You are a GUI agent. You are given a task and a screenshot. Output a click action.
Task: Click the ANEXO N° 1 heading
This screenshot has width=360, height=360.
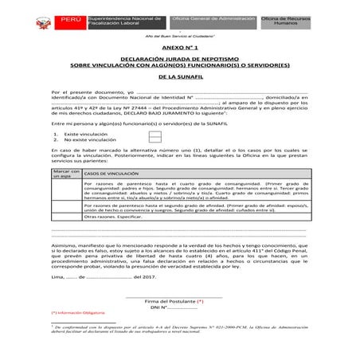pos(179,49)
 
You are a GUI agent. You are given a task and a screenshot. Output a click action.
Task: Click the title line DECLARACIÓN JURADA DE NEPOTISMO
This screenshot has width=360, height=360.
pos(179,59)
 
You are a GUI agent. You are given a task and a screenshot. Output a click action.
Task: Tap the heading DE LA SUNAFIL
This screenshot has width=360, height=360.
pos(179,78)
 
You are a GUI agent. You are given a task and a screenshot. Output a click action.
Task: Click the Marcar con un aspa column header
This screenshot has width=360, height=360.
pos(65,174)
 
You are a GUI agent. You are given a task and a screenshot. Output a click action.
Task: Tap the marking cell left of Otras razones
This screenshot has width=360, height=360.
pos(65,216)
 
